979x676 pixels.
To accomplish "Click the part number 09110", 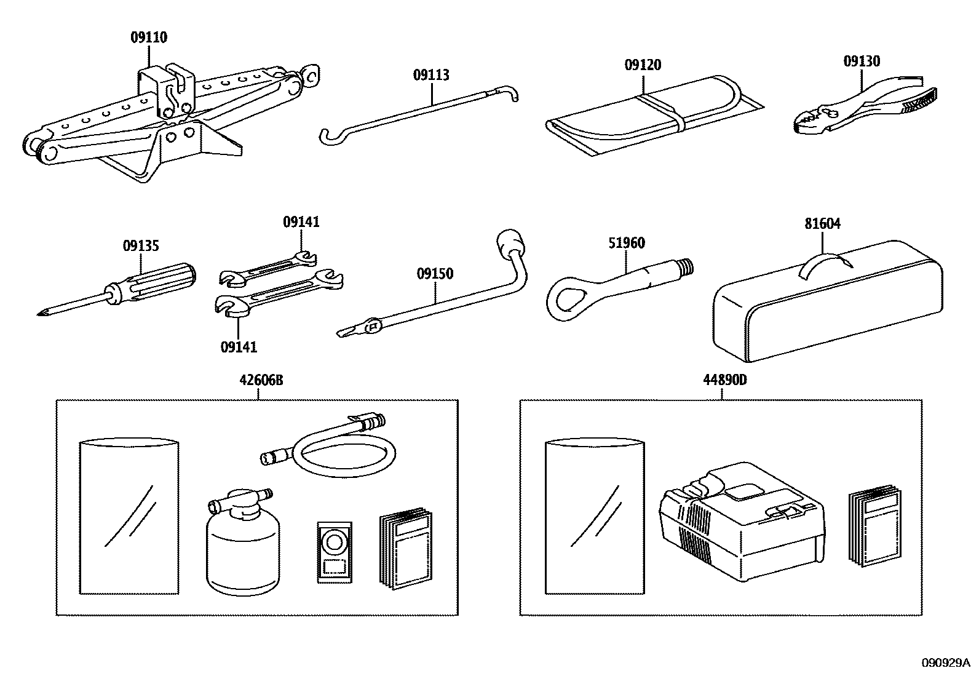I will [x=148, y=38].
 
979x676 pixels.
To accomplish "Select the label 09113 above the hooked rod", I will [x=430, y=76].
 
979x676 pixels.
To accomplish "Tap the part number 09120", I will [x=643, y=65].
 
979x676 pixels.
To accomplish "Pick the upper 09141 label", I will [x=301, y=222].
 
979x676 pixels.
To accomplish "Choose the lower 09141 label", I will [x=239, y=347].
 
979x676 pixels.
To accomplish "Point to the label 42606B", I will [x=261, y=380].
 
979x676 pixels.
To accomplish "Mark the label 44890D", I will [x=724, y=380].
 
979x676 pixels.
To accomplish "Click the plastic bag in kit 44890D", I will [x=594, y=517].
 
